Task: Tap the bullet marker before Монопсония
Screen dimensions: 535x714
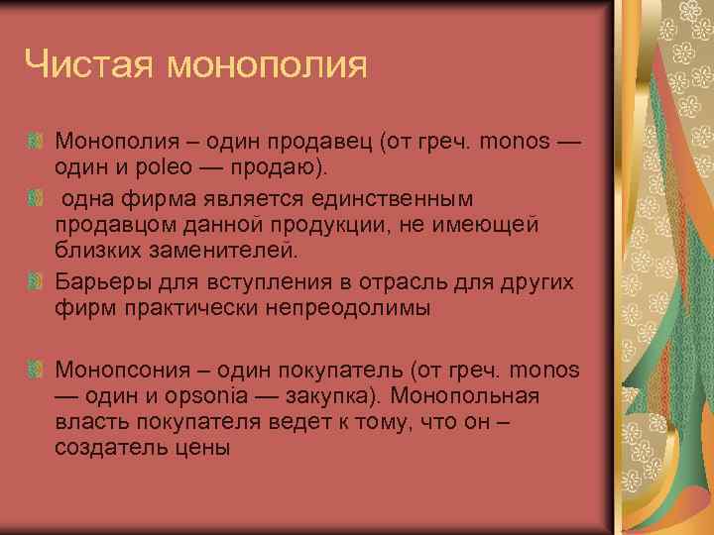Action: click(35, 370)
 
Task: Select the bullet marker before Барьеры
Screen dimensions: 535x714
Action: click(35, 283)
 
